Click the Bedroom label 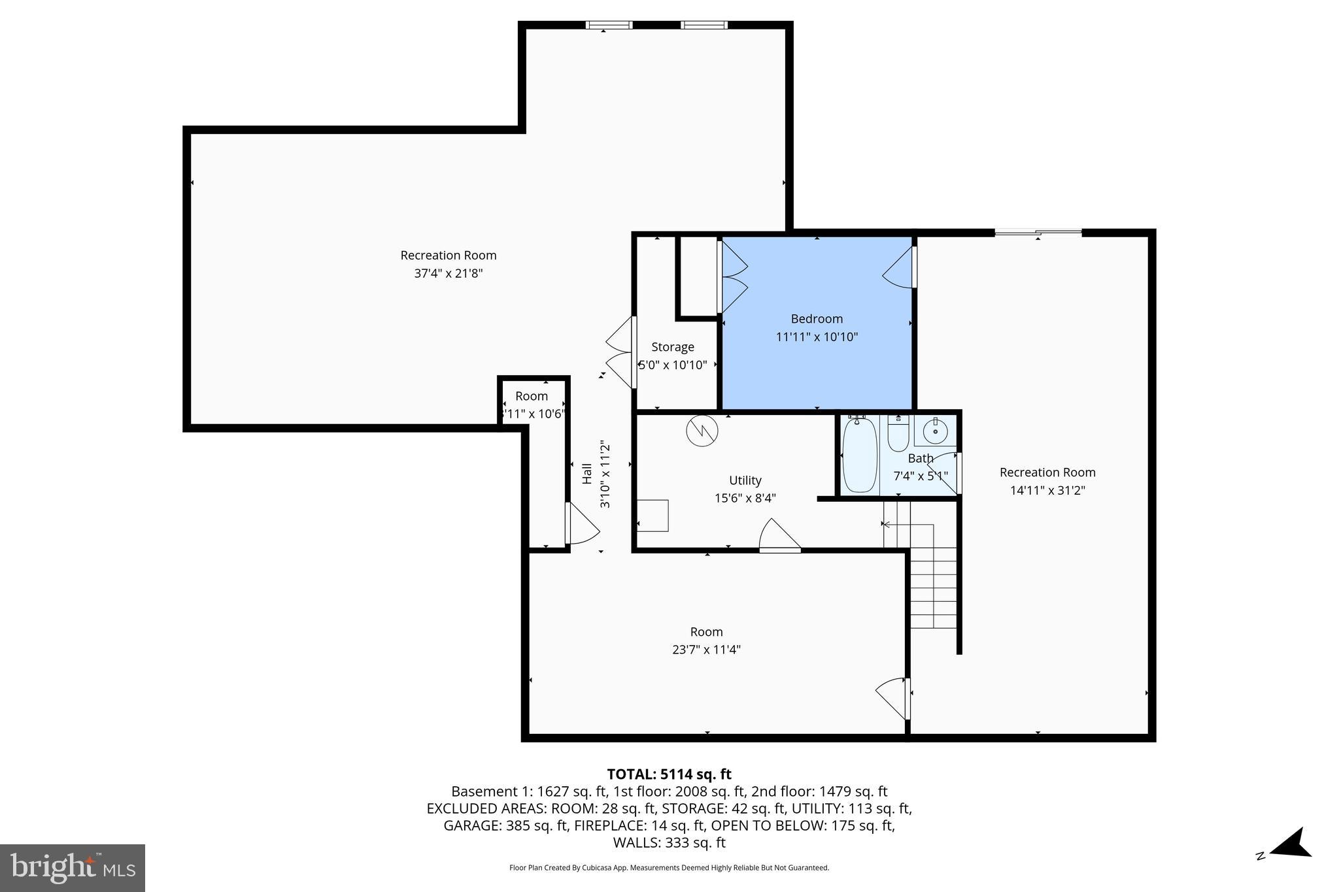click(817, 319)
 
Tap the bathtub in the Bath click(860, 455)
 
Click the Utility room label click(745, 480)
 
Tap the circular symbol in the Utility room click(702, 431)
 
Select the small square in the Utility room click(653, 515)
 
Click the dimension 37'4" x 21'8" click(449, 273)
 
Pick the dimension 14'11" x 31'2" click(1047, 490)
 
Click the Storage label click(673, 347)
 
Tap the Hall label click(587, 474)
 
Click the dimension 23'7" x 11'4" click(706, 650)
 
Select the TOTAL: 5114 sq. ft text click(669, 774)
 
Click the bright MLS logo click(72, 868)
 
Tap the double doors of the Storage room click(621, 353)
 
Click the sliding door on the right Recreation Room click(1038, 232)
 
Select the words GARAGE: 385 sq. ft click(505, 825)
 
